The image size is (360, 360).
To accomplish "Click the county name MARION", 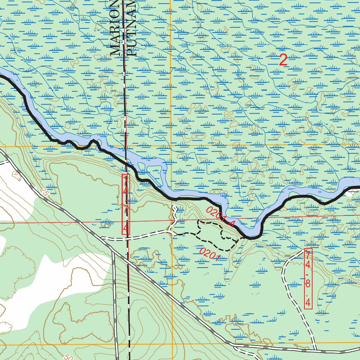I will tap(115, 28).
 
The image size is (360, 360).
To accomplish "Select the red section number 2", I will tap(283, 60).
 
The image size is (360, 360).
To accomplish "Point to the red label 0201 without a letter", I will tap(210, 255).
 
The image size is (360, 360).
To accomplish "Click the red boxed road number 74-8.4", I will tap(308, 279).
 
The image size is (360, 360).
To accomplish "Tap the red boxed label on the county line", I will tap(126, 204).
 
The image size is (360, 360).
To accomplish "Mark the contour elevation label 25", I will tap(43, 192).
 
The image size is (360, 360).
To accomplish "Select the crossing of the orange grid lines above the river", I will tap(171, 145).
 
